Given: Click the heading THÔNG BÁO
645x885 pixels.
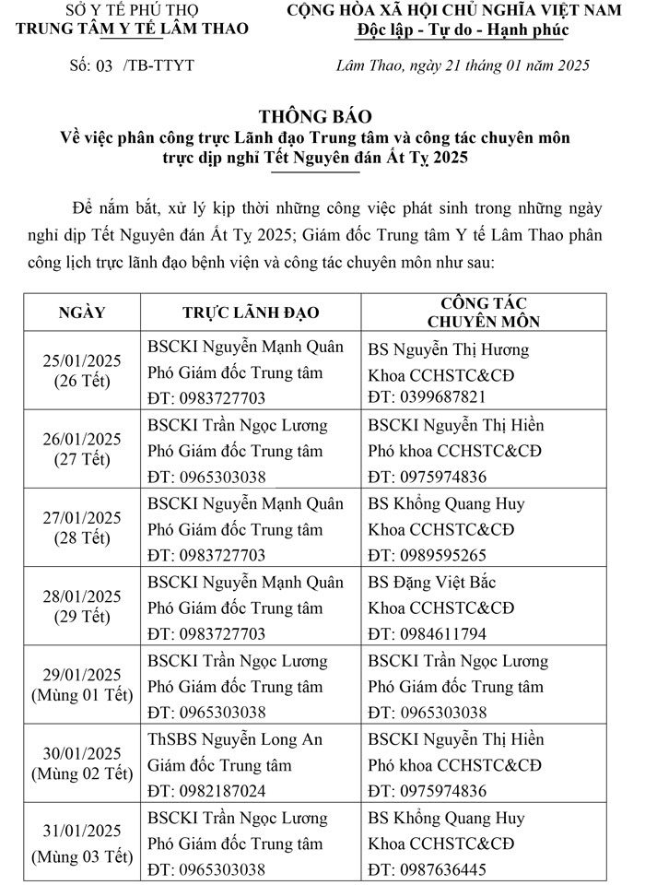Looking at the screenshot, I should click(315, 116).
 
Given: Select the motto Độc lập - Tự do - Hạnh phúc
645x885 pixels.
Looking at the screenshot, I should click(463, 31).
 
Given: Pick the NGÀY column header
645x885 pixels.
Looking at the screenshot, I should click(82, 313).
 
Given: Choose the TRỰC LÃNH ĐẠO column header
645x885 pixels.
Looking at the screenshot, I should click(251, 313).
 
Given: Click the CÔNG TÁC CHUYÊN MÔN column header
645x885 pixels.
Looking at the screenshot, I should click(484, 313).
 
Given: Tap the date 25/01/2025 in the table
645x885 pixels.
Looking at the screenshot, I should click(82, 360).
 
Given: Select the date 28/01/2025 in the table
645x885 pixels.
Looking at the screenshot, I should click(82, 596).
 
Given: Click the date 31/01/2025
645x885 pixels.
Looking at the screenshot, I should click(82, 832).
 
